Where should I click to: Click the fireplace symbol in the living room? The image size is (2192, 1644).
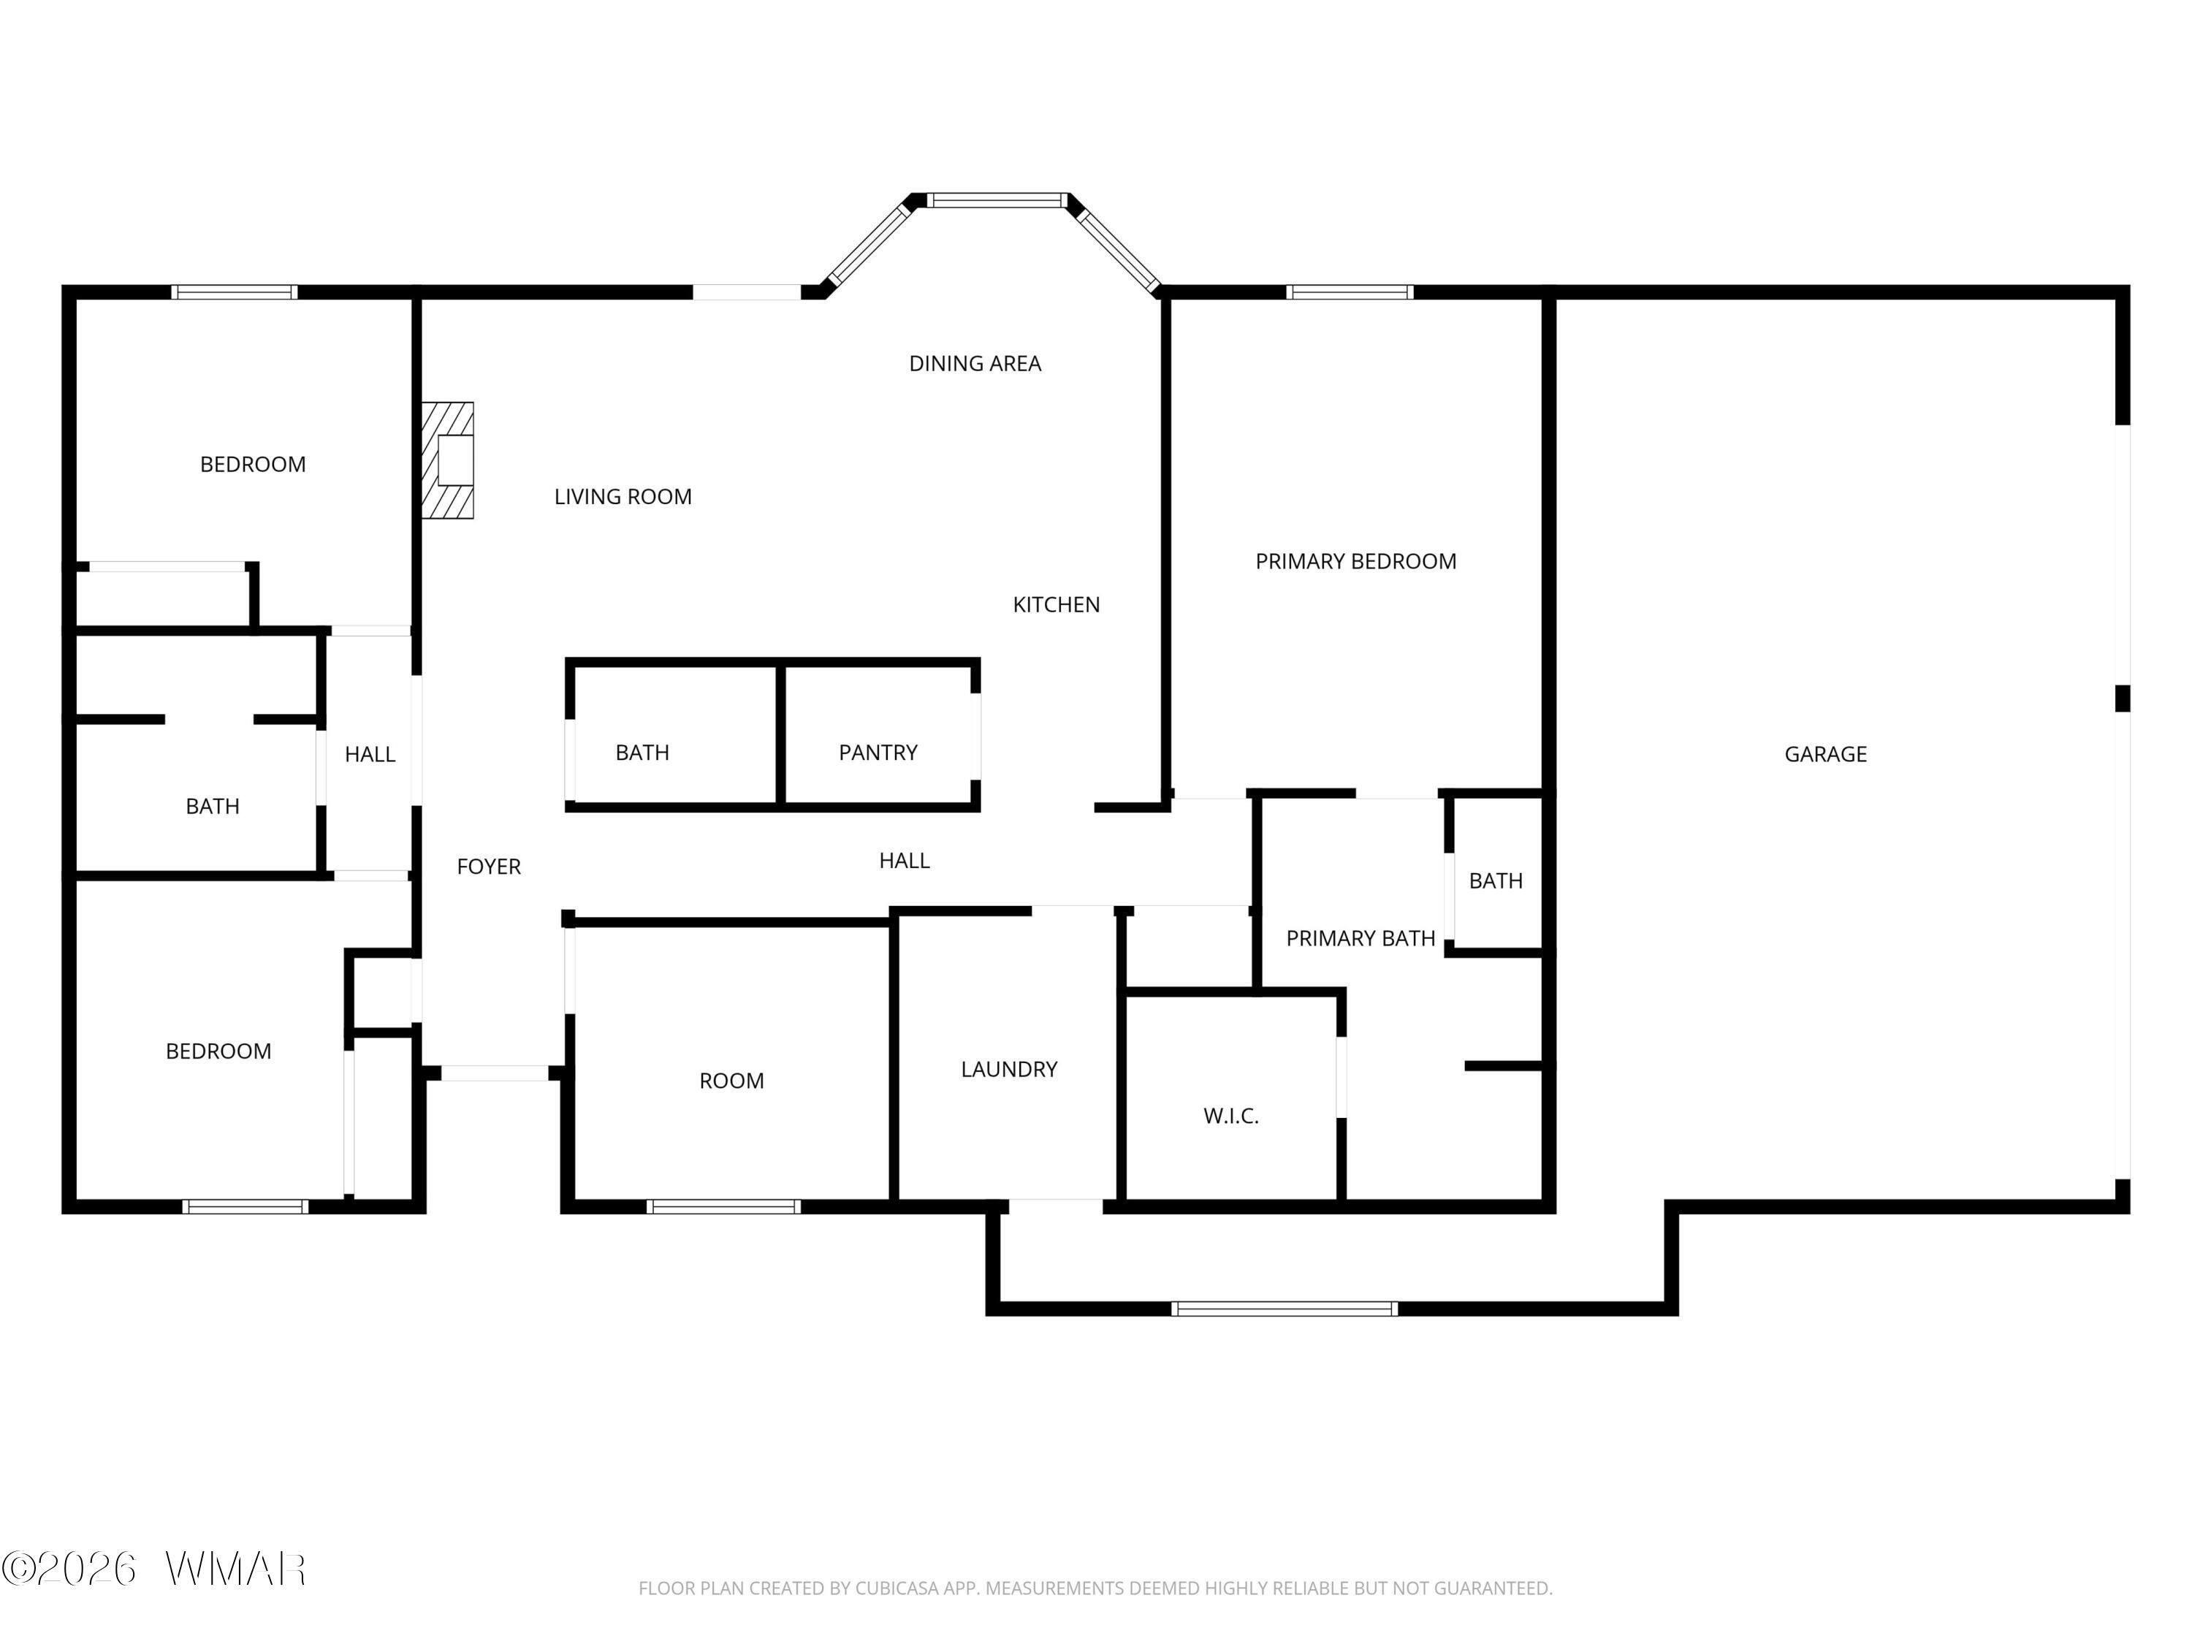point(448,460)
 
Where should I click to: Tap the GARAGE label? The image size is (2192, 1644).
point(1825,754)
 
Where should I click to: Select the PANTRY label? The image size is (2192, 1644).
point(878,752)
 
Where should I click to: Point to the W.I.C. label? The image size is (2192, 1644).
point(1230,1116)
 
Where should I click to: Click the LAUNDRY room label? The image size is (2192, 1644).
point(1009,1069)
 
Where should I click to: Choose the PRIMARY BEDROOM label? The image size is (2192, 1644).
point(1355,562)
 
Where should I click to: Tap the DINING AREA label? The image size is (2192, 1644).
point(975,364)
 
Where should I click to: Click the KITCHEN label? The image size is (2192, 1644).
point(1057,604)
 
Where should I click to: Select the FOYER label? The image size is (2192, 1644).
point(489,867)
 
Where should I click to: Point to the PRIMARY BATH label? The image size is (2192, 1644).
point(1361,938)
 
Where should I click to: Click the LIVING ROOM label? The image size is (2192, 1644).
point(623,496)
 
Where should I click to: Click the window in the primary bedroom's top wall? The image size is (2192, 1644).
point(1350,292)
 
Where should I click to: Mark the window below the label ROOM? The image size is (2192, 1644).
point(723,1206)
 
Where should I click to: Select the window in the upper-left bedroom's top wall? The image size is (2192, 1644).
point(234,292)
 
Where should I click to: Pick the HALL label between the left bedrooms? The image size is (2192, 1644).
point(370,755)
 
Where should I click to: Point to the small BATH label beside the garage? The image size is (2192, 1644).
point(1496,881)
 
